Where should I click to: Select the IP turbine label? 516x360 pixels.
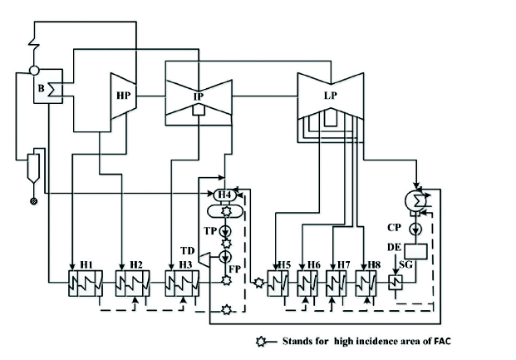point(199,97)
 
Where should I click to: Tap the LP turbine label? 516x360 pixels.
point(330,96)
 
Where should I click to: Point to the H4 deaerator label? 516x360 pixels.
point(223,195)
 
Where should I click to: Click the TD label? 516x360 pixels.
point(188,249)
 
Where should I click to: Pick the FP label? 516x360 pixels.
point(237,269)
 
